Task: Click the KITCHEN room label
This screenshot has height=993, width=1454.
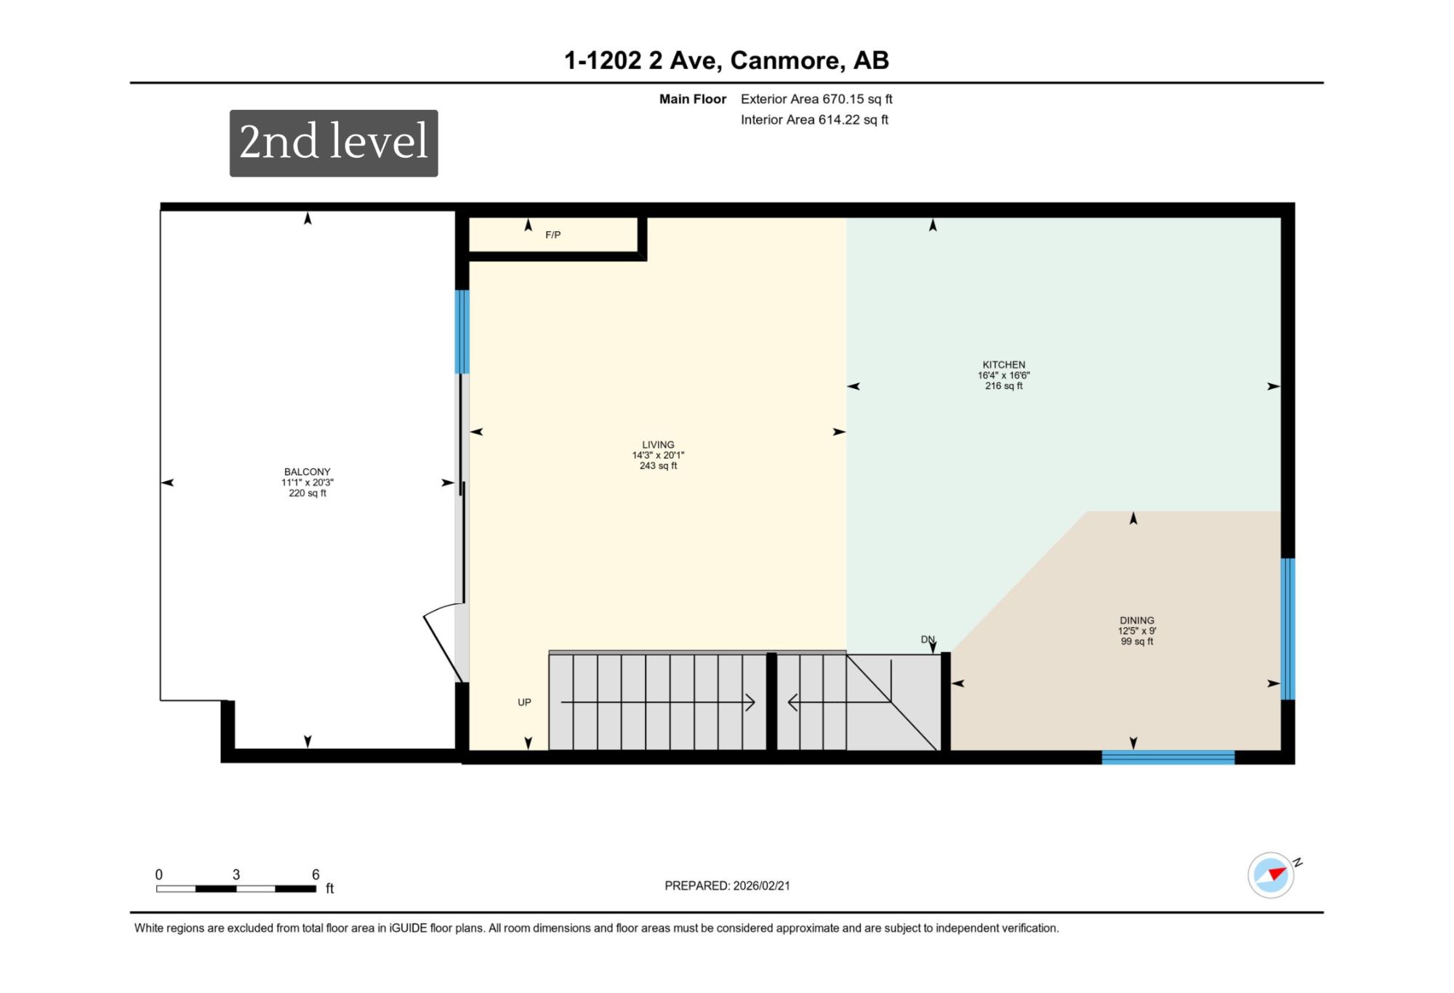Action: [1004, 365]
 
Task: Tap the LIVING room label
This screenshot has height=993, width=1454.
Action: [658, 445]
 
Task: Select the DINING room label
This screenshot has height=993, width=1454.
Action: [1137, 621]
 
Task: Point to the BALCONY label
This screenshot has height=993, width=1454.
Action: [308, 472]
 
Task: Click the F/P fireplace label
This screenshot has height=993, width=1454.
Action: [553, 235]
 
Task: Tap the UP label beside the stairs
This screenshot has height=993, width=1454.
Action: [524, 702]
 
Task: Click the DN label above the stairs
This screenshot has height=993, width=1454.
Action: [928, 640]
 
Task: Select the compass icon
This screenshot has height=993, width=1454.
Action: [1272, 875]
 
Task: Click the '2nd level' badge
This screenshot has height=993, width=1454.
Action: [334, 143]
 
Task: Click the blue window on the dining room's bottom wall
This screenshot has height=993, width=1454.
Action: [1168, 757]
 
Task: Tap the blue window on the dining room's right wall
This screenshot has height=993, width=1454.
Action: [1288, 629]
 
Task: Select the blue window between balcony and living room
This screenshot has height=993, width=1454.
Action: [462, 331]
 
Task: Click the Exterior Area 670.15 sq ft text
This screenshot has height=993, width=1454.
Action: [816, 99]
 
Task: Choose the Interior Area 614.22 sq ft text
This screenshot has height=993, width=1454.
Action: [814, 120]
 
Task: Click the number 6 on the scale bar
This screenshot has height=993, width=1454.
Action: [316, 875]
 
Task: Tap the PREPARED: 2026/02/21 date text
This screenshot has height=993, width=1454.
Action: [727, 885]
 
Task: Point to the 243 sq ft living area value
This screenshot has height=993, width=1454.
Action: [658, 466]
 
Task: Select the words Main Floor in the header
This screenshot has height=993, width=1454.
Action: [693, 99]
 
